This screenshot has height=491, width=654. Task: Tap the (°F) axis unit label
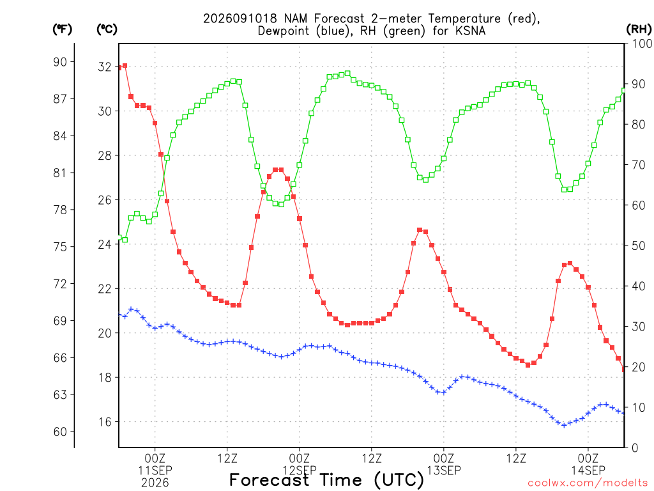pyautogui.click(x=62, y=29)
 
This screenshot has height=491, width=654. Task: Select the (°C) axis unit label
pyautogui.click(x=107, y=29)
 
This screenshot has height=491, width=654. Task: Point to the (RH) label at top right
pyautogui.click(x=639, y=29)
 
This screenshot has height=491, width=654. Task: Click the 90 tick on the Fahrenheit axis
pyautogui.click(x=60, y=62)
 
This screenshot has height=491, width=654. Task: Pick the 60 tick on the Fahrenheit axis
pyautogui.click(x=60, y=432)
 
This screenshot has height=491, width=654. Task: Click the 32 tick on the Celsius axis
pyautogui.click(x=105, y=66)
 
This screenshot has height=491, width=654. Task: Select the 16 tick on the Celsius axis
pyautogui.click(x=105, y=422)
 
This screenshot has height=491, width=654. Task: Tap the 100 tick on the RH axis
pyautogui.click(x=641, y=43)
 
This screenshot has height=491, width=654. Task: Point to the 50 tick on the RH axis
pyautogui.click(x=639, y=245)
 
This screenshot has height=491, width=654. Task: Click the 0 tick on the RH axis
pyautogui.click(x=635, y=448)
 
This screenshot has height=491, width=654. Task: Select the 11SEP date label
pyautogui.click(x=155, y=470)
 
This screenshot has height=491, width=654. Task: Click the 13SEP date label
pyautogui.click(x=444, y=470)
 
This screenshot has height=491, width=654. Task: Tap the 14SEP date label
pyautogui.click(x=588, y=470)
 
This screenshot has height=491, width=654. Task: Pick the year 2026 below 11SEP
pyautogui.click(x=155, y=483)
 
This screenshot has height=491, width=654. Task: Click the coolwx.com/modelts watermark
pyautogui.click(x=588, y=483)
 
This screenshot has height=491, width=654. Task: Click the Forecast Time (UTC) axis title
pyautogui.click(x=326, y=480)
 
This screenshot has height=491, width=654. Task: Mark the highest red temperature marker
pyautogui.click(x=125, y=66)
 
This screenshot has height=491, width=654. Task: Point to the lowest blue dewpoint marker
pyautogui.click(x=564, y=425)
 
